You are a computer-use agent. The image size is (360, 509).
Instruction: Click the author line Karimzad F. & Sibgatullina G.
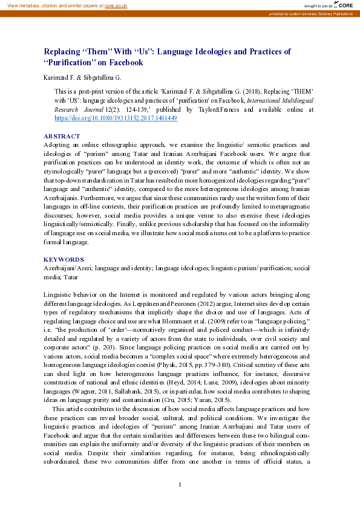tap(82, 77)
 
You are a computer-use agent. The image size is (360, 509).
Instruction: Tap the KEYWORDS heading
tap(64, 258)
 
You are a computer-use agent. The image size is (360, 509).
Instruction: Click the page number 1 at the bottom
tap(180, 485)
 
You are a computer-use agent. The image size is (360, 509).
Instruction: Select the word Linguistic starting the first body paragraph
tap(59, 293)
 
